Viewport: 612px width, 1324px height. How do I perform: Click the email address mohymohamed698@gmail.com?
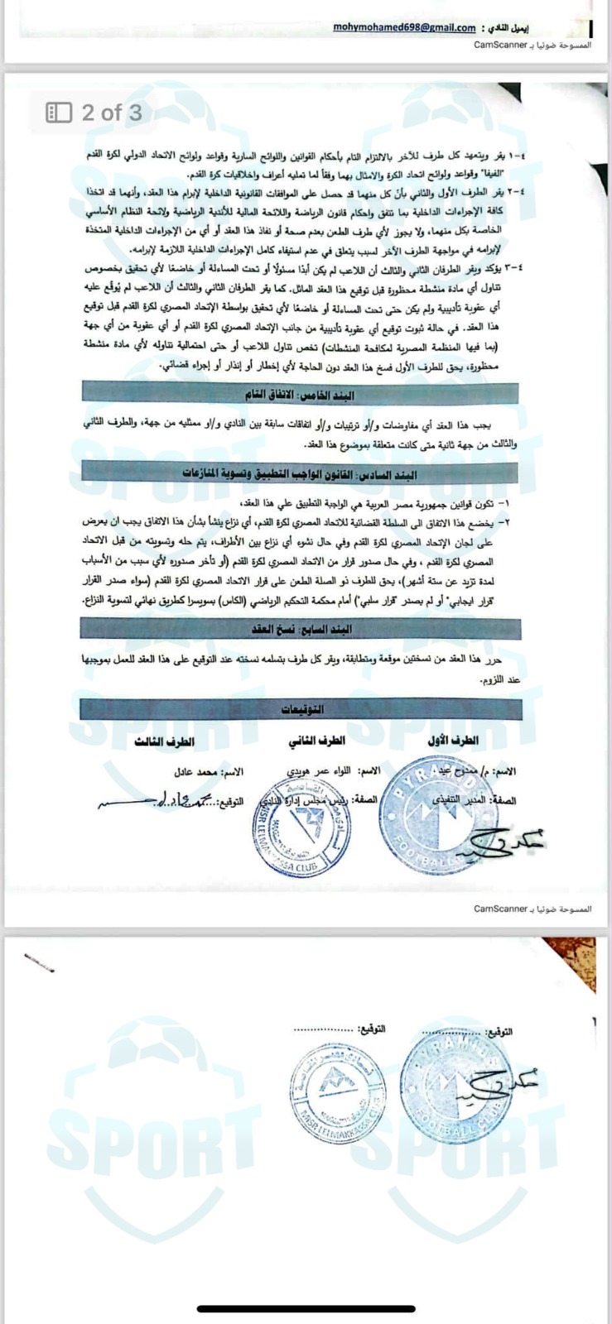tap(404, 27)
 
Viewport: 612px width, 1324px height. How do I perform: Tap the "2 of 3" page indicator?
tap(112, 113)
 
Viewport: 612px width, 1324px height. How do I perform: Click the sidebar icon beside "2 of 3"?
tap(59, 113)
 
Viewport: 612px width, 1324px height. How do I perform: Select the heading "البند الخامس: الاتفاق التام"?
tap(300, 395)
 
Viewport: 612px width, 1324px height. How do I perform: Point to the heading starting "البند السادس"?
tap(300, 474)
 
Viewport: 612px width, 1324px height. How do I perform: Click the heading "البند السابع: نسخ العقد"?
tap(301, 629)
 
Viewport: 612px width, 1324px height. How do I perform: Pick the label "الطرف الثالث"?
tap(165, 741)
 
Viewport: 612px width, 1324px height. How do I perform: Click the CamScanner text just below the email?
tap(501, 44)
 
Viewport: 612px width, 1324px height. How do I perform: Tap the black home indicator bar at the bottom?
tap(306, 1308)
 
